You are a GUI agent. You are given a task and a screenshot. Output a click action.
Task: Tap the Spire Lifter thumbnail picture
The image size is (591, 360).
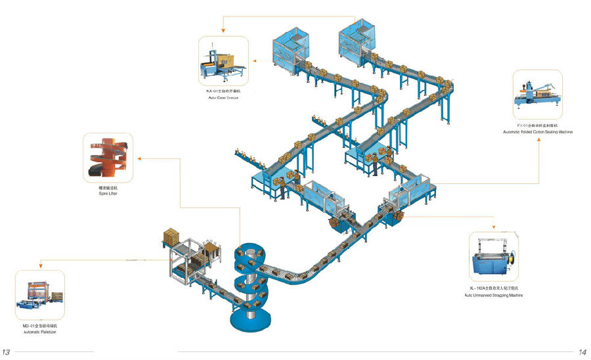click(108, 158)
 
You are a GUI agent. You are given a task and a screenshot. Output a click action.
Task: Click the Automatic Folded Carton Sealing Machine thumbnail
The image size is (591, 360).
click(538, 95)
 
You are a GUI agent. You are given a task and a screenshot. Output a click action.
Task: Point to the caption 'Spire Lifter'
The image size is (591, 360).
click(108, 194)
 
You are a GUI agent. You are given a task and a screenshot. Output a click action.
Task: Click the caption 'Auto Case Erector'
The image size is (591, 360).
click(223, 97)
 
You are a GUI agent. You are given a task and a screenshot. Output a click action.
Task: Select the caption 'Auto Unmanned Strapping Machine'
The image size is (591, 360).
click(496, 296)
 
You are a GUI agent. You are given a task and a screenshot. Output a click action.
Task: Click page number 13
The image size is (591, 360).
click(6, 352)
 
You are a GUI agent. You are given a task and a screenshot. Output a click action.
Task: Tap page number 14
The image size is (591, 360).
click(582, 352)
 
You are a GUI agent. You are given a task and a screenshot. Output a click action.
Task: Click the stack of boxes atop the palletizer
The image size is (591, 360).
click(172, 235)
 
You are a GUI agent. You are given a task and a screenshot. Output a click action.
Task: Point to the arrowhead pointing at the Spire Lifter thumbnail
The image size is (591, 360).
click(137, 158)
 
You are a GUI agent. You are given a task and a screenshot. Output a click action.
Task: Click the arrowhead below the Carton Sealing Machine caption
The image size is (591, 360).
click(538, 139)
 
